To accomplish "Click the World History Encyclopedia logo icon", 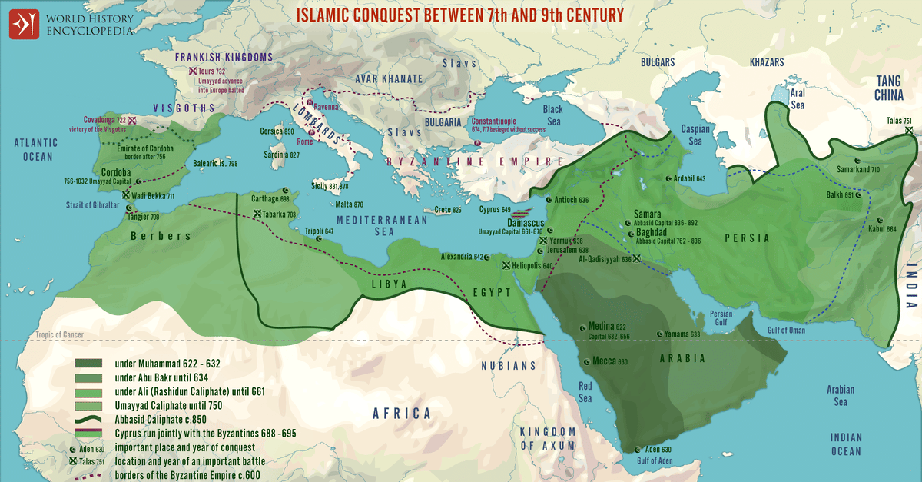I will click(x=24, y=23).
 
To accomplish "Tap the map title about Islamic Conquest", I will click(x=459, y=14).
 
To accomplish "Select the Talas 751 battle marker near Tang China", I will click(x=909, y=130).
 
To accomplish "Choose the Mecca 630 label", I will click(x=610, y=361).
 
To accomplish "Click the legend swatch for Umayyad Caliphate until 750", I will click(x=89, y=405).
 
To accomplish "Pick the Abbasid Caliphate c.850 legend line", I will click(x=89, y=420).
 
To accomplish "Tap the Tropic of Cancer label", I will click(x=59, y=334).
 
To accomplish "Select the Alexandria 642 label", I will click(x=461, y=257).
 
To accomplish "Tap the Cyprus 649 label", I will click(x=495, y=209).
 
